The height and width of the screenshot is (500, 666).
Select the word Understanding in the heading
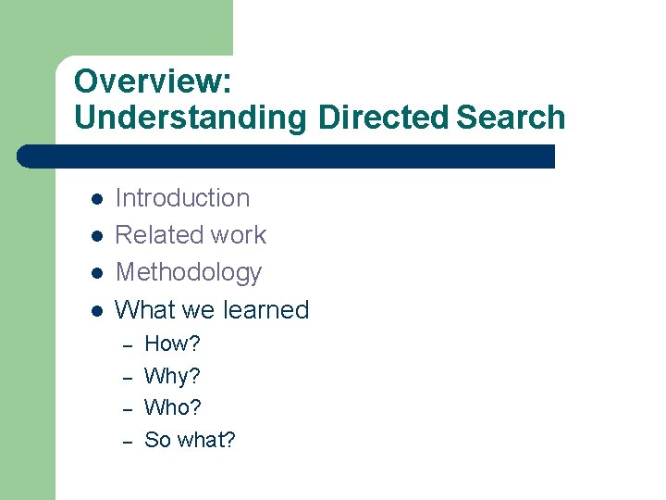pos(190,118)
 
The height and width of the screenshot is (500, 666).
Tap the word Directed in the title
pos(382,118)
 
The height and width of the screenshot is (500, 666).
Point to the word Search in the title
pos(511,118)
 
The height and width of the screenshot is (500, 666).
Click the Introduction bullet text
pos(182,198)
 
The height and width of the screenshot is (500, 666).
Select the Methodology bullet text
pos(188,272)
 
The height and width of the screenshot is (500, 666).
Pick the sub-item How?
pos(172,344)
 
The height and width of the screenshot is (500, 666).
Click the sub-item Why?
pos(172,376)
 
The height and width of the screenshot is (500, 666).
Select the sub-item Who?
pos(173,407)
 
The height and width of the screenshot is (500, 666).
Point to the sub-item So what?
pos(190,440)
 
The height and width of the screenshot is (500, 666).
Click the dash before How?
pos(128,345)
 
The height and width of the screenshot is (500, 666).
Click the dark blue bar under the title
pos(287,156)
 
